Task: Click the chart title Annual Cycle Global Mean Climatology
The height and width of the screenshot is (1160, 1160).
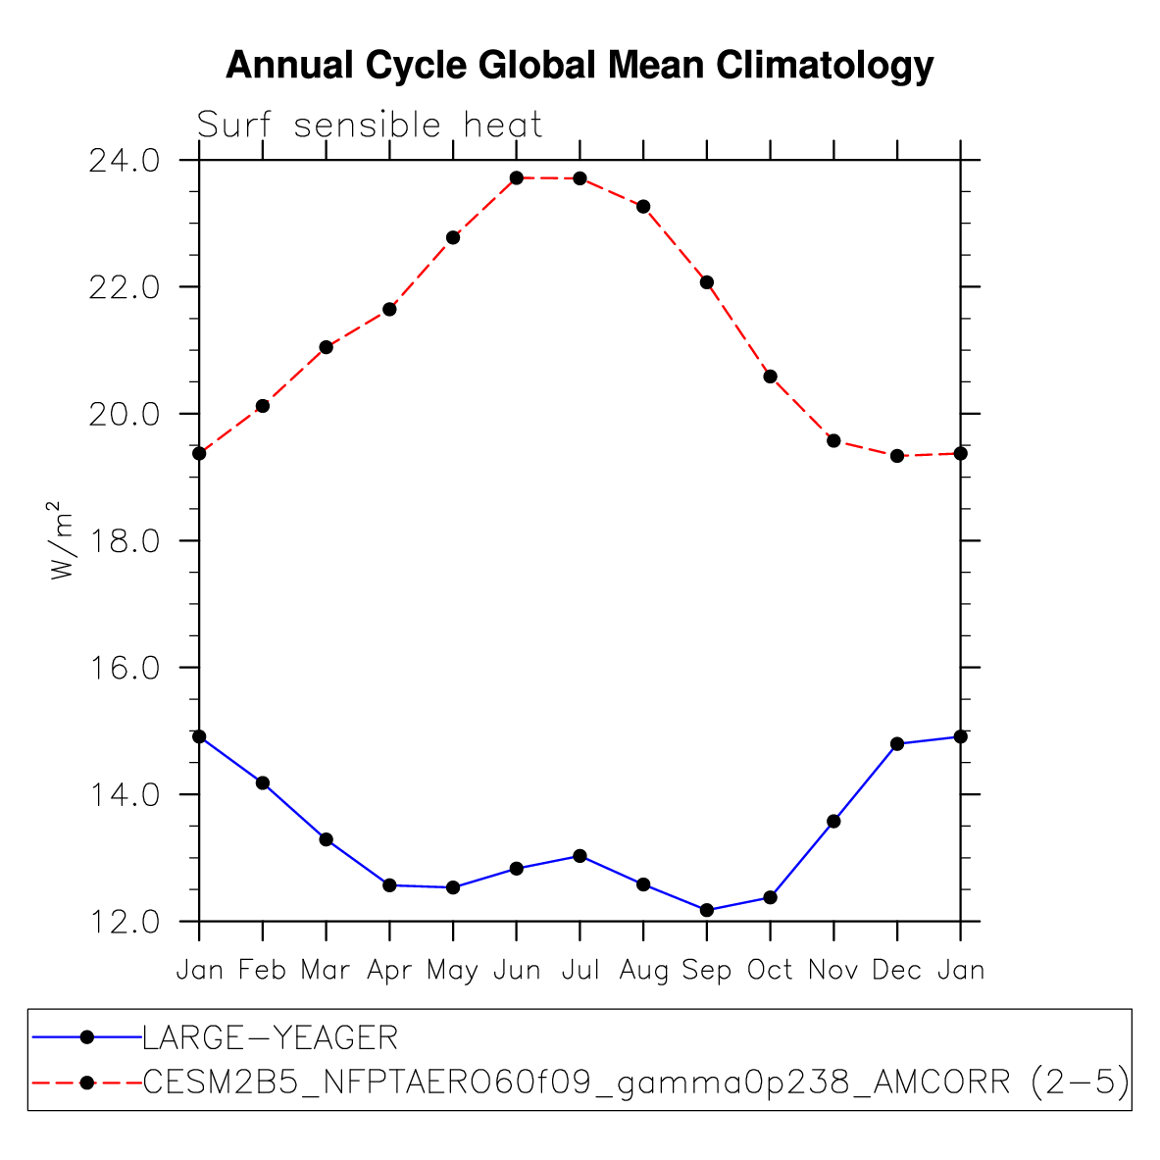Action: [x=580, y=66]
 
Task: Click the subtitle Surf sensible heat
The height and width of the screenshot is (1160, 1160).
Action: [x=370, y=126]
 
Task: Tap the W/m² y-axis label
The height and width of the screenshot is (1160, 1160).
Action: [x=62, y=540]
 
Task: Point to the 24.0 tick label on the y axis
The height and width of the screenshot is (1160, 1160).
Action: [x=124, y=160]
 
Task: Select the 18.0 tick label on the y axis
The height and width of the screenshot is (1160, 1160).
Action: [x=124, y=540]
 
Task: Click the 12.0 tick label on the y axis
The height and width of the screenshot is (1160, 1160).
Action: [x=124, y=922]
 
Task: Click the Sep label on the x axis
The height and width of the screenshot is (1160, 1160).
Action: [x=707, y=971]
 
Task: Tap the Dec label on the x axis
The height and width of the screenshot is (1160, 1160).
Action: [x=897, y=971]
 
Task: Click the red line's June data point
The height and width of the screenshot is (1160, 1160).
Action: [x=517, y=177]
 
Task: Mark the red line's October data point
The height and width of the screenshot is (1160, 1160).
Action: [x=771, y=377]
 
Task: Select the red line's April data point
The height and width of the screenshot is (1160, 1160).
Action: [x=389, y=309]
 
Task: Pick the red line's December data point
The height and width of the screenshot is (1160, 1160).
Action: [x=897, y=456]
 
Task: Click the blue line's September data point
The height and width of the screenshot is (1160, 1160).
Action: [x=707, y=910]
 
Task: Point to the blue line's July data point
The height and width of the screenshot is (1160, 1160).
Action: [x=580, y=856]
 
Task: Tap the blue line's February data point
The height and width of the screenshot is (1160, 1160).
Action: [x=263, y=782]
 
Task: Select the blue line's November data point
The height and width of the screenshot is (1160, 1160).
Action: [x=833, y=821]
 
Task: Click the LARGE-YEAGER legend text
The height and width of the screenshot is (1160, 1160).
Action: [x=271, y=1037]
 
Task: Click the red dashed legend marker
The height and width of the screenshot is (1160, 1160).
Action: [x=86, y=1083]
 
